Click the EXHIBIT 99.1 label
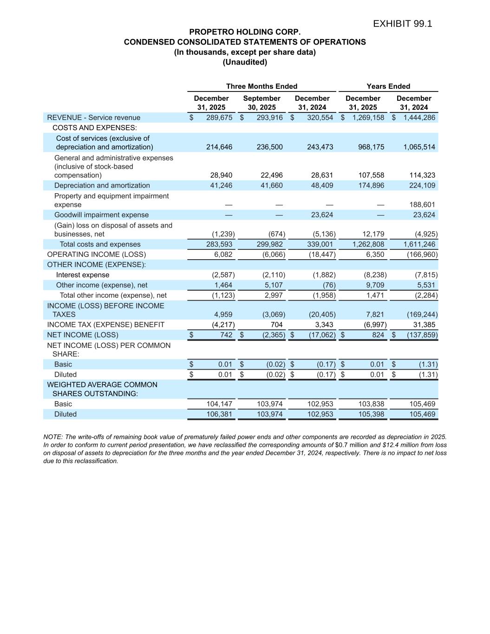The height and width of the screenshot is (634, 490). click(402, 24)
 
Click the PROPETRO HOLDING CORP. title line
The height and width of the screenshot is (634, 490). click(245, 32)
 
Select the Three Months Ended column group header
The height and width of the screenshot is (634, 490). click(261, 86)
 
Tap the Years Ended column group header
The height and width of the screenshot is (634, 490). click(388, 86)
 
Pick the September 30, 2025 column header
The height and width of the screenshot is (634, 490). click(261, 103)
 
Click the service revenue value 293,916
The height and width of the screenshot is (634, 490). click(269, 118)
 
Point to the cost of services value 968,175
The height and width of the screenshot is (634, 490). click(371, 147)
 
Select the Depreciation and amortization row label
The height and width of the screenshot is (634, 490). click(102, 185)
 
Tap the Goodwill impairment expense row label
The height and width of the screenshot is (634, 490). click(101, 215)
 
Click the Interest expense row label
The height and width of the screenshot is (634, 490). click(83, 275)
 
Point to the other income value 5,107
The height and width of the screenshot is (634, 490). click(272, 285)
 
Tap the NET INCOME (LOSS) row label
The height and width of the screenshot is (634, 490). click(82, 335)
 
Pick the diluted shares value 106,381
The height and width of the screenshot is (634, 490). click(219, 414)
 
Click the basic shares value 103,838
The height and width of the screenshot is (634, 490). click(371, 404)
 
